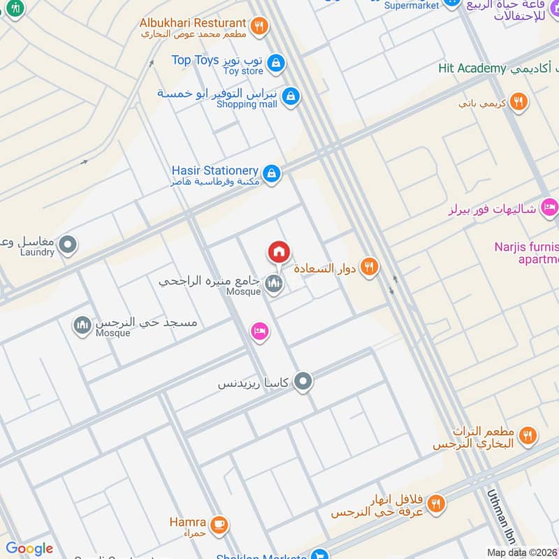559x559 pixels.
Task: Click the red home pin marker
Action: [279, 252]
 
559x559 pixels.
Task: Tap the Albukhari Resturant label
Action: [193, 23]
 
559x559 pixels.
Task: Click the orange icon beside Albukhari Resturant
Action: [259, 27]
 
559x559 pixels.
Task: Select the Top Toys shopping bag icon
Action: [277, 63]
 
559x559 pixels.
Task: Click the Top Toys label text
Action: [196, 60]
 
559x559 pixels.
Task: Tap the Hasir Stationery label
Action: [215, 170]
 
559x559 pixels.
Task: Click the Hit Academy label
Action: [472, 68]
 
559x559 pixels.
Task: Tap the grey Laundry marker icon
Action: [68, 245]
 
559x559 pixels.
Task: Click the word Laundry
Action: [37, 252]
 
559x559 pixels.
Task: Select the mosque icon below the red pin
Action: [274, 284]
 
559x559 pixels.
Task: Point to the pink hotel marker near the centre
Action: [259, 331]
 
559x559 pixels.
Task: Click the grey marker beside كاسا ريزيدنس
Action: [303, 382]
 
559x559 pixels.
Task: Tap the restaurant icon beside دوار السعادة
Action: [370, 266]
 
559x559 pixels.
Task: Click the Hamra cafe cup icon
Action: [219, 523]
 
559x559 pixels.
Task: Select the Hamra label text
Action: [187, 522]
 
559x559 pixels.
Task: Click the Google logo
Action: [29, 549]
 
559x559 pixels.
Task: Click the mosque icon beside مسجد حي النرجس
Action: [83, 325]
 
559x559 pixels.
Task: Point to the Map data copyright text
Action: [522, 553]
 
